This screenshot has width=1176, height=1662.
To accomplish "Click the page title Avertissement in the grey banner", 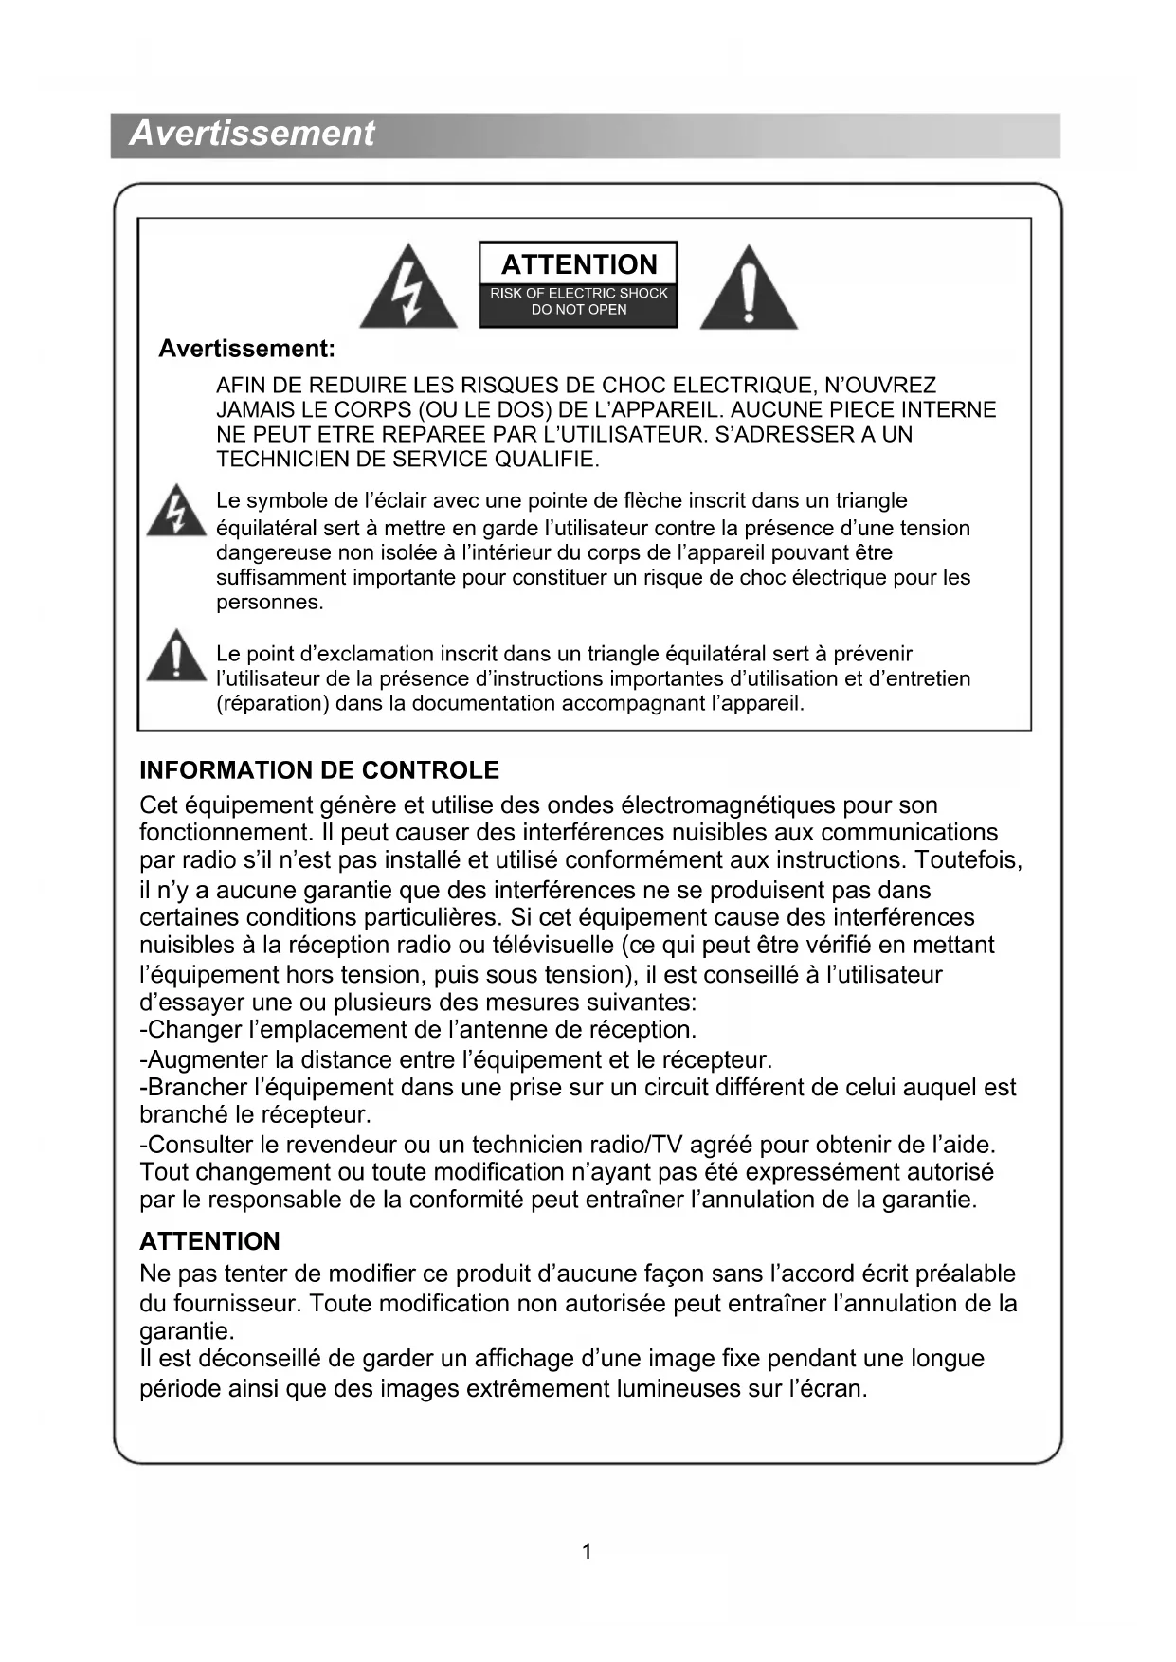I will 251,134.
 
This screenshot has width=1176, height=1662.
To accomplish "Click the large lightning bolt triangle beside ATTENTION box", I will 408,289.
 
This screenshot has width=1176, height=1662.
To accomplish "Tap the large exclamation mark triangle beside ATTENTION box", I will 749,289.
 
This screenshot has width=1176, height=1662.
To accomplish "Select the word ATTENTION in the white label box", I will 579,263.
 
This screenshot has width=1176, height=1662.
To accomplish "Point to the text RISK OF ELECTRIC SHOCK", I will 579,294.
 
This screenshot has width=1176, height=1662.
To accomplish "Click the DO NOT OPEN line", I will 579,310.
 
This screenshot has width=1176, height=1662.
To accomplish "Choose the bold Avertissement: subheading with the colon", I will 246,349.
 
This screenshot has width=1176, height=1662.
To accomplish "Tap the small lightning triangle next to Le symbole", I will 175,513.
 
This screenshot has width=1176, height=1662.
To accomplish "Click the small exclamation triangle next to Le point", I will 176,656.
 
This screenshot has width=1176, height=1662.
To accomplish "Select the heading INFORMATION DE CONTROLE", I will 318,770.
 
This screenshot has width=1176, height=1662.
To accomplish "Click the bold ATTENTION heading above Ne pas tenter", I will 209,1241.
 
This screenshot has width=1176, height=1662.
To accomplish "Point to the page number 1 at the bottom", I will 587,1551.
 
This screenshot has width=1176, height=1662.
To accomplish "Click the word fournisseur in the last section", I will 232,1304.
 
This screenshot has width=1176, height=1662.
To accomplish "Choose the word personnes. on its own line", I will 270,603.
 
